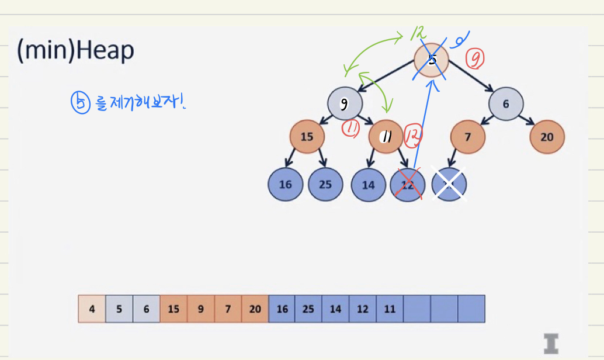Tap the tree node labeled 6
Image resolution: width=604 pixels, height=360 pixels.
coord(506,104)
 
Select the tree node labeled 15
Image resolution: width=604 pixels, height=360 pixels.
coord(307,137)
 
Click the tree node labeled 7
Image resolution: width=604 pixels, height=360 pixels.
coord(467,137)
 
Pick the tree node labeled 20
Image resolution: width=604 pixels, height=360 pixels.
coord(547,137)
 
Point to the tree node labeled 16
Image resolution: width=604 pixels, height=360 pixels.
coord(285,185)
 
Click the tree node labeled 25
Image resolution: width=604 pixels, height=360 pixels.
coord(325,185)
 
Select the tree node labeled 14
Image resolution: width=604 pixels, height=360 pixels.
coord(368,185)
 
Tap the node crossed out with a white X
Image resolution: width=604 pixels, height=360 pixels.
coord(449,185)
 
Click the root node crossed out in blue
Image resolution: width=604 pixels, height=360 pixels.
coord(432,59)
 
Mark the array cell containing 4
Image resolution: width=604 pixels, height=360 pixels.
coord(92,309)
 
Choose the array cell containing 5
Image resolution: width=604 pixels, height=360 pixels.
coord(119,309)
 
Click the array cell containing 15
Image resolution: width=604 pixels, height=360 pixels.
coord(173,309)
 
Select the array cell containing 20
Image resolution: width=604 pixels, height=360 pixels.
coord(255,309)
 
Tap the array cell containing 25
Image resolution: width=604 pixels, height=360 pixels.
coord(308,309)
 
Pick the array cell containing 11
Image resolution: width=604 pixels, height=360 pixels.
coord(390,309)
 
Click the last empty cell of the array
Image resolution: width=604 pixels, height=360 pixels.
coord(471,309)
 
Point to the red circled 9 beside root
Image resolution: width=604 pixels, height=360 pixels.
coord(475,58)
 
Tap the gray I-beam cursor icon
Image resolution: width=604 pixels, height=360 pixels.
coord(550,343)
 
